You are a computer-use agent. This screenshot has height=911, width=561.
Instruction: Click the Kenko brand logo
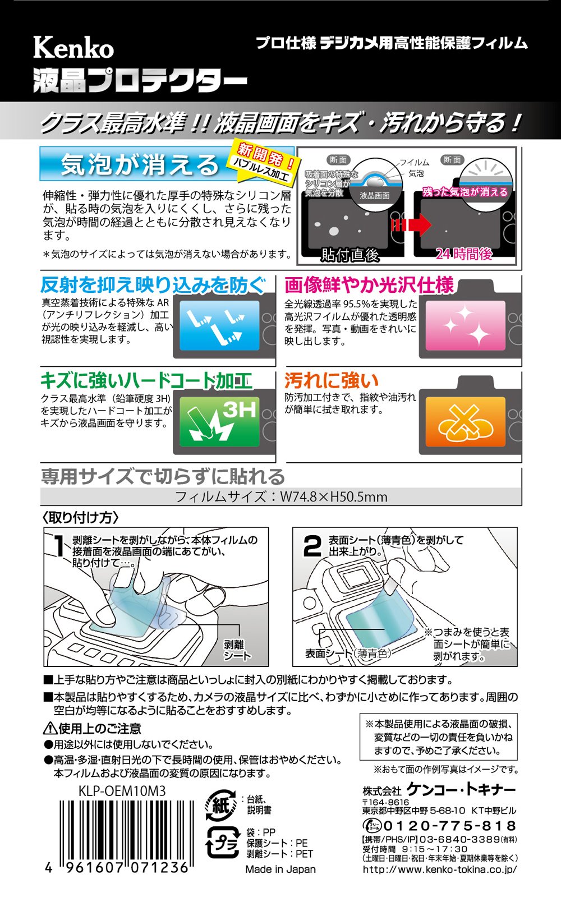73,48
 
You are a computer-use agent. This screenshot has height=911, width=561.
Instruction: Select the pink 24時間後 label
465,254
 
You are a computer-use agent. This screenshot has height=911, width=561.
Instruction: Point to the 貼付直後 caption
350,255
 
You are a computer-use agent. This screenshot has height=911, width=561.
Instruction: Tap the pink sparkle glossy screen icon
465,325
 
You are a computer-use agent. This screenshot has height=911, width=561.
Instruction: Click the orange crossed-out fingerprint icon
465,421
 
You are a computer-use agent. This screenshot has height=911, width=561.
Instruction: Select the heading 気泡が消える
139,164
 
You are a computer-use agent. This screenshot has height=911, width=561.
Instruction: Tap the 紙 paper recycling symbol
220,806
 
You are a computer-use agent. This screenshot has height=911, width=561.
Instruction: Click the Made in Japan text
280,869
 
